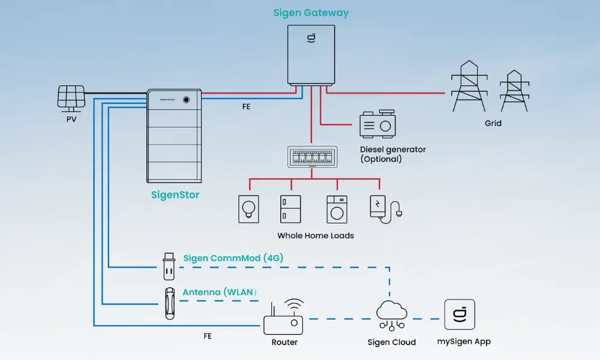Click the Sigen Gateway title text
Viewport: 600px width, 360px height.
pos(311,13)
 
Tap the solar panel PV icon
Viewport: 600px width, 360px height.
pos(70,97)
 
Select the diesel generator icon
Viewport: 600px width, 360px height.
pos(377,124)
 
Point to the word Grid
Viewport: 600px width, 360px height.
pos(493,123)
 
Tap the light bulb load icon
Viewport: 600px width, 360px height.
pos(248,208)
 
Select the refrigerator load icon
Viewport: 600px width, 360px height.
pos(290,208)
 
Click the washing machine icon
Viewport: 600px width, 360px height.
pos(336,208)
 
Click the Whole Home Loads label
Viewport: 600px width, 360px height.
pos(316,236)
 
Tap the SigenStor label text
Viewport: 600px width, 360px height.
pos(175,195)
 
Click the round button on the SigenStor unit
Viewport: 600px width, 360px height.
pos(187,100)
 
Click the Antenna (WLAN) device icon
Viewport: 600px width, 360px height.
pos(170,303)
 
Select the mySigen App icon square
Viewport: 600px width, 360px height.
pos(459,314)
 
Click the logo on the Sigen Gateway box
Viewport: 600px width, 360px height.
pos(310,40)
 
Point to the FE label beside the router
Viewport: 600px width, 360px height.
pos(208,337)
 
